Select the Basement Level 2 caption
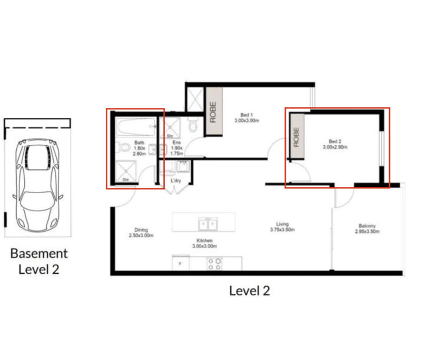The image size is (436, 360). pyautogui.click(x=39, y=261)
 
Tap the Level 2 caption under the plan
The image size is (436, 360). pyautogui.click(x=249, y=290)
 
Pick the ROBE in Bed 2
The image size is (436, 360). pyautogui.click(x=296, y=136)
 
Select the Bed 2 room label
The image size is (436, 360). pyautogui.click(x=335, y=144)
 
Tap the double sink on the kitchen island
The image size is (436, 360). pyautogui.click(x=209, y=225)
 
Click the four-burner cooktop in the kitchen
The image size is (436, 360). pyautogui.click(x=214, y=264)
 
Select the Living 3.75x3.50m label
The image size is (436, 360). pyautogui.click(x=282, y=227)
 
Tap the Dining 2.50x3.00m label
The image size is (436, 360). pyautogui.click(x=141, y=233)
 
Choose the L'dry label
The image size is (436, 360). pyautogui.click(x=176, y=181)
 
